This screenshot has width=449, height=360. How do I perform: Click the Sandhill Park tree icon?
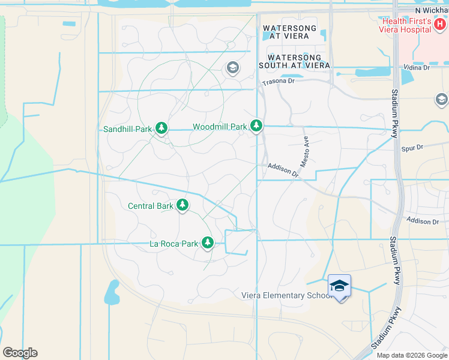coord(161,128)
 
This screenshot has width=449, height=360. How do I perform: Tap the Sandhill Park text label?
coord(127,128)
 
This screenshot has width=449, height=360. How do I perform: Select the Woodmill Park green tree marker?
coord(256,125)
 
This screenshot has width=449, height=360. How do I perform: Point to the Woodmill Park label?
coord(220,127)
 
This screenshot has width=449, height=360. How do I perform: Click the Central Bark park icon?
coord(182,205)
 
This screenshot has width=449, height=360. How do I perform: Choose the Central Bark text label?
coord(151,206)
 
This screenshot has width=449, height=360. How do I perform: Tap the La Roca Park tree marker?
coord(208,243)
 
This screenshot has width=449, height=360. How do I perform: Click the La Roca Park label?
coord(173,244)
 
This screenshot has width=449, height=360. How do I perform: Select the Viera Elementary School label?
coord(286,295)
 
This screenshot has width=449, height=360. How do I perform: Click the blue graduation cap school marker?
coord(339,286)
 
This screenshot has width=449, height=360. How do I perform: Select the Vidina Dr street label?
coord(417,68)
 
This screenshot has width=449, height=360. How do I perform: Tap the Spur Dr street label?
coord(412,146)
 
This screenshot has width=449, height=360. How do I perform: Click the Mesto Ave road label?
coord(305,151)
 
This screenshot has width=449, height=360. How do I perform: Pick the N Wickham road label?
coord(432,10)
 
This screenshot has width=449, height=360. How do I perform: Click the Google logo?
coord(20,352)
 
